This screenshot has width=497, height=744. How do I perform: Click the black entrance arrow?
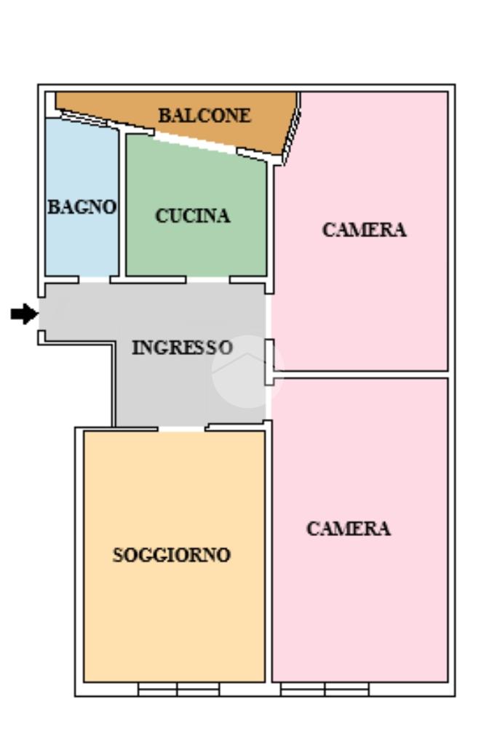(x=24, y=313)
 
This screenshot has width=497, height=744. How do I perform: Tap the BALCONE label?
(x=204, y=116)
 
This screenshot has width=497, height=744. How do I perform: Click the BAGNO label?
(x=81, y=207)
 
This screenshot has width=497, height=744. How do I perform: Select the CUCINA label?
(x=193, y=216)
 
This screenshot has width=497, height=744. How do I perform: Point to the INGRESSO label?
(x=182, y=348)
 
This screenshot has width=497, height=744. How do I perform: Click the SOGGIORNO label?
(x=171, y=555)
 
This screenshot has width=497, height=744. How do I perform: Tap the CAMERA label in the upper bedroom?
(x=364, y=230)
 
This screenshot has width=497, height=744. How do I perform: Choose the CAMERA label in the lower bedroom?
(x=349, y=529)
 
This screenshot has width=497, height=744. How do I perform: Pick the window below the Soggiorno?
(x=178, y=689)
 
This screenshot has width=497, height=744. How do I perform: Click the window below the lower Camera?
(x=325, y=689)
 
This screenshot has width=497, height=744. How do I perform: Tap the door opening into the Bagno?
(x=94, y=280)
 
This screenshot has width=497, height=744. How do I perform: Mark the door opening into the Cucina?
(x=207, y=280)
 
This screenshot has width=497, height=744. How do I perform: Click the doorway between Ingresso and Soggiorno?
(x=181, y=428)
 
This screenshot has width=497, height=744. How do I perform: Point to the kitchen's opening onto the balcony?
(x=195, y=143)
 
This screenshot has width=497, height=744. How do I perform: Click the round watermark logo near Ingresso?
(x=247, y=372)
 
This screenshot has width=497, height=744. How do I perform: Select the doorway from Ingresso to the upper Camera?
(x=269, y=316)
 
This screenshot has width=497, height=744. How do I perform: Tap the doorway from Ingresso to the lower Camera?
(x=269, y=403)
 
